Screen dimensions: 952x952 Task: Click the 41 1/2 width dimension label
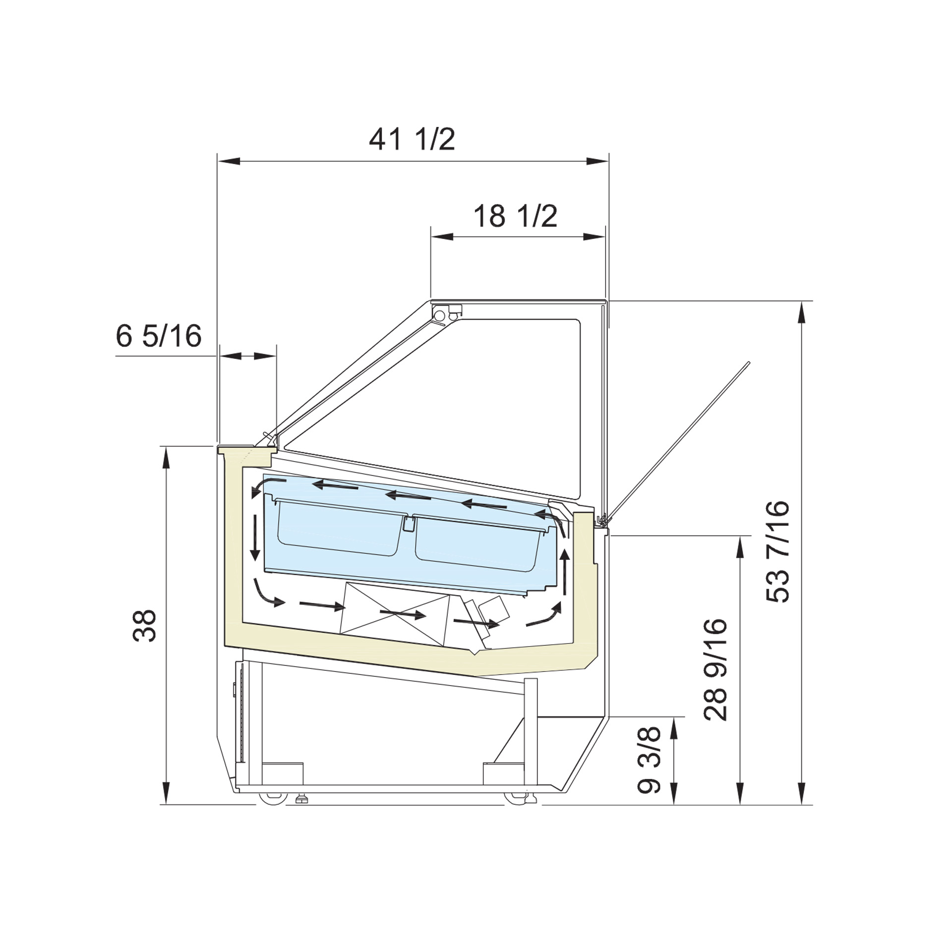pyautogui.click(x=412, y=139)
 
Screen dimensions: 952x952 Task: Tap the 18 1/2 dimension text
pyautogui.click(x=516, y=216)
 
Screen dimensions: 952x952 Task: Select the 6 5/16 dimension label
pyautogui.click(x=159, y=336)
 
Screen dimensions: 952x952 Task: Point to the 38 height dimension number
pyautogui.click(x=145, y=626)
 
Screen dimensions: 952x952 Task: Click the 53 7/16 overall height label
pyautogui.click(x=777, y=552)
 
